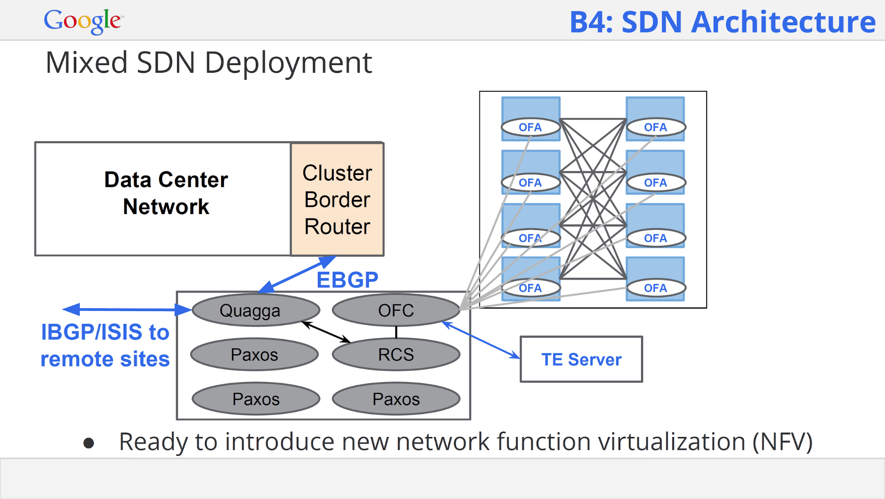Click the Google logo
(x=83, y=21)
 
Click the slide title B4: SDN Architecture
(x=723, y=22)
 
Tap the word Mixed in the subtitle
(x=87, y=62)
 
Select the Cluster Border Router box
(x=337, y=199)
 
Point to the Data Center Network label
(x=166, y=193)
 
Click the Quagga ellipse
(x=255, y=310)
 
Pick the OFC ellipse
(x=396, y=310)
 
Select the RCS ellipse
(x=396, y=355)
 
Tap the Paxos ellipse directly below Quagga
(x=255, y=355)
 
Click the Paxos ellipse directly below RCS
(x=396, y=399)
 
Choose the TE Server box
(x=581, y=359)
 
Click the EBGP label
(x=348, y=280)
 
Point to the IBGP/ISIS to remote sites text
(x=105, y=345)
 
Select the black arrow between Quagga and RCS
(x=326, y=332)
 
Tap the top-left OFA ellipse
(x=531, y=127)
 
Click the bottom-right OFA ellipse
(x=656, y=288)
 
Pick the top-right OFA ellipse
(x=656, y=127)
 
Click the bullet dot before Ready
(x=89, y=443)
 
